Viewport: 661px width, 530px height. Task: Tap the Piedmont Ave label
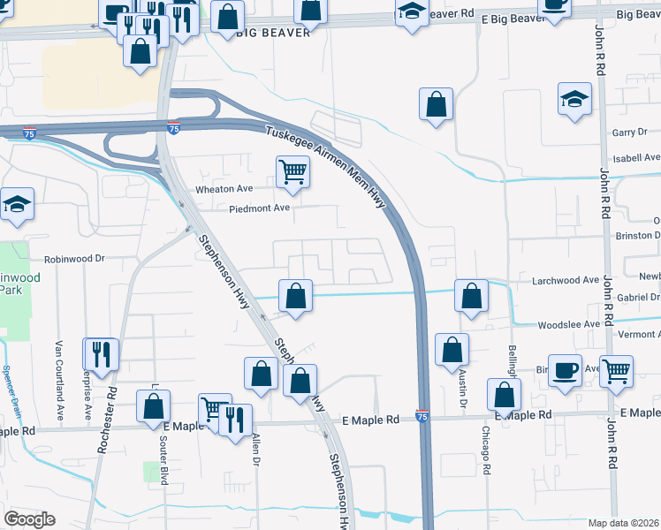click(x=260, y=208)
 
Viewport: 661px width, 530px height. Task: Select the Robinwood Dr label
click(x=75, y=260)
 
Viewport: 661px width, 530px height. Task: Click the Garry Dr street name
click(x=629, y=132)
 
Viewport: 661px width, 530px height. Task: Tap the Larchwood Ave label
click(x=566, y=280)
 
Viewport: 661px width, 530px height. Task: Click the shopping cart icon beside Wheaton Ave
click(x=293, y=170)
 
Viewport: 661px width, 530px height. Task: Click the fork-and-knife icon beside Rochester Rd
click(x=100, y=353)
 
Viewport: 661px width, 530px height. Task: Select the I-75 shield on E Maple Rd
click(x=422, y=416)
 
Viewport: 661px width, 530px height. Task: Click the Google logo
click(x=29, y=519)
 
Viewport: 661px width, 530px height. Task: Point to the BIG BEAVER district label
click(x=274, y=33)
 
